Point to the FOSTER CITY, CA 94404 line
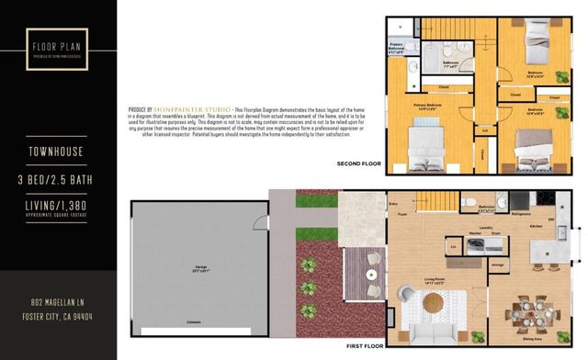click(x=58, y=316)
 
